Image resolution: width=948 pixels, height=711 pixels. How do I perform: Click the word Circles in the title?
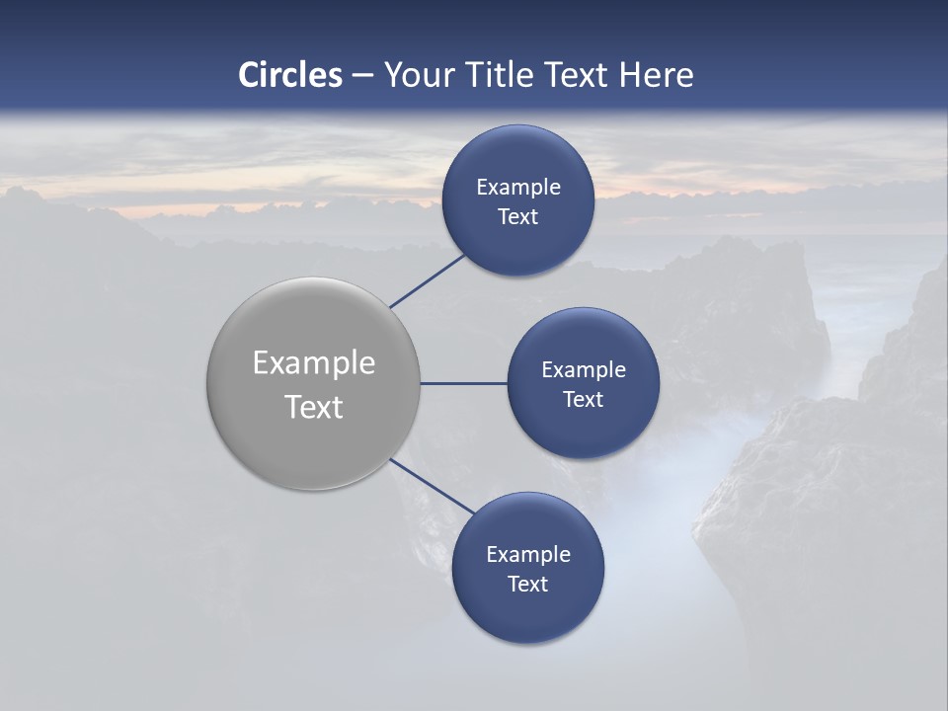tap(290, 75)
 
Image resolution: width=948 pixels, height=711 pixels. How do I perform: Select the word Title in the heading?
tap(507, 75)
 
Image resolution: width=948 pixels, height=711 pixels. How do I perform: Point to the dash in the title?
tap(362, 76)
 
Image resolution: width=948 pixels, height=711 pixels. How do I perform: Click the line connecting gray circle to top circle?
tap(429, 280)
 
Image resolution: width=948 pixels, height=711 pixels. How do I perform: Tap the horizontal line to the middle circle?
tap(464, 383)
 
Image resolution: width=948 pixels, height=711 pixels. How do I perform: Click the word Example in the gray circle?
tap(314, 363)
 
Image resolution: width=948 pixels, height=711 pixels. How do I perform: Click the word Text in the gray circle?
tap(314, 407)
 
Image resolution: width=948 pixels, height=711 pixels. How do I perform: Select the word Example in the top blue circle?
tap(518, 188)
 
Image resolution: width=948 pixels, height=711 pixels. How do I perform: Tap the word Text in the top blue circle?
tap(518, 217)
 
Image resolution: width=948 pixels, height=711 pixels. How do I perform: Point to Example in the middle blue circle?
tap(584, 370)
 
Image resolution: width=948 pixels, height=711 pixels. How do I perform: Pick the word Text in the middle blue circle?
tap(584, 400)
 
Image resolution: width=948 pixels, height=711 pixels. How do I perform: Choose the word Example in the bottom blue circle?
tap(528, 555)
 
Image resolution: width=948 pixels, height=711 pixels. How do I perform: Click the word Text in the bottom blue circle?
tap(528, 585)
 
